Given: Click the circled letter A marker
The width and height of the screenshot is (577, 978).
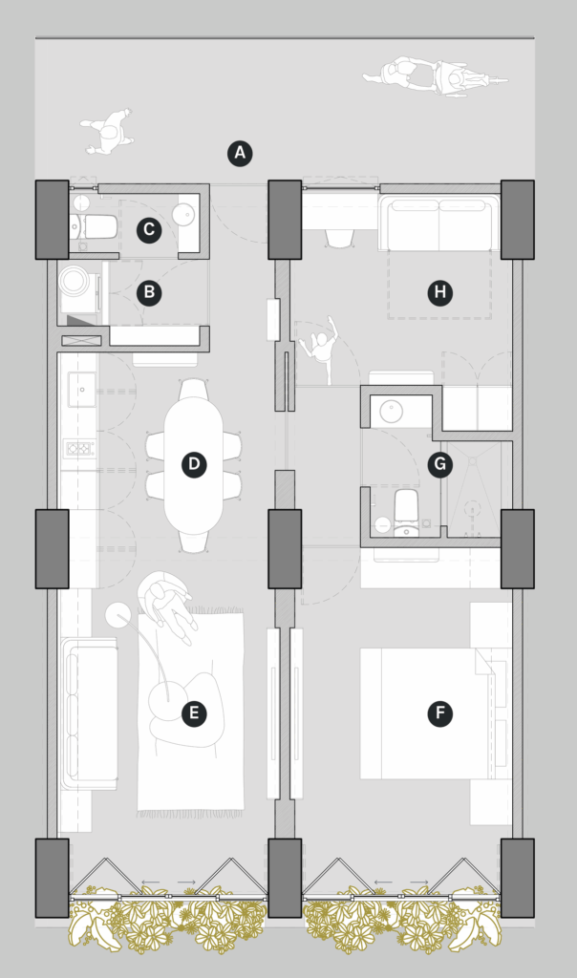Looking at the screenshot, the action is coord(240,154).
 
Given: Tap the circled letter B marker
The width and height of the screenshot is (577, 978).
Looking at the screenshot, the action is coord(149,292).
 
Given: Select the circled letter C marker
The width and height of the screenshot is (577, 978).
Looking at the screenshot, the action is coord(149,229).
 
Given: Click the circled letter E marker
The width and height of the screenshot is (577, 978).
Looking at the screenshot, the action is coord(194,713).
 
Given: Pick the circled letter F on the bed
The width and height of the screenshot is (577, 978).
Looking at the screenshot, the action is coord(440,713).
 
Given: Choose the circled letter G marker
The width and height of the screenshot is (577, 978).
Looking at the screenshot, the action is coord(440,465).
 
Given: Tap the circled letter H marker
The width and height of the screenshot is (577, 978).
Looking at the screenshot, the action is coord(440,292).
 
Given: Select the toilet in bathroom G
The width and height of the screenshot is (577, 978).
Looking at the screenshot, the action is coord(406,512).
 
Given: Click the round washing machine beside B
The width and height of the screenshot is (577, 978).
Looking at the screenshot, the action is coord(75,281).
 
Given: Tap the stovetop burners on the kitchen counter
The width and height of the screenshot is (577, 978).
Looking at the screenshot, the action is coord(80,449).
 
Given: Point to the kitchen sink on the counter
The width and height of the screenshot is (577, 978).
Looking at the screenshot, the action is coord(82,390).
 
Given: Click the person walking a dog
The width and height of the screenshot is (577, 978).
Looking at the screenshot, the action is coord(109,132).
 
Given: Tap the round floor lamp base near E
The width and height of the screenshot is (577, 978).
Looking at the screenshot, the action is coord(117,615).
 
